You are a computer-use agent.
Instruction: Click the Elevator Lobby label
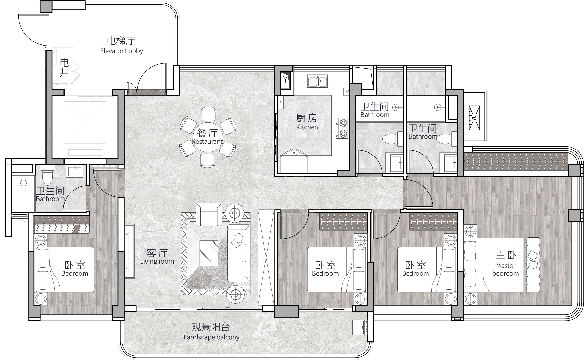point(121,51)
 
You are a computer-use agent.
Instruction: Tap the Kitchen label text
point(307,127)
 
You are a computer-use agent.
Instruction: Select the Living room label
point(157,262)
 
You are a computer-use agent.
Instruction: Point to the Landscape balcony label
point(211,337)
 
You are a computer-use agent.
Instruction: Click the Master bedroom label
point(506,269)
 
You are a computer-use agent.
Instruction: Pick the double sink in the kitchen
point(318,81)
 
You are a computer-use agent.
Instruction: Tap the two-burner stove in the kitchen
point(342,128)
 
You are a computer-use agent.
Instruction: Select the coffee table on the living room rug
point(209,253)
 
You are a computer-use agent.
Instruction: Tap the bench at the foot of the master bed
point(533,265)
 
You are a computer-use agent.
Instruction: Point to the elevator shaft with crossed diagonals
point(85,122)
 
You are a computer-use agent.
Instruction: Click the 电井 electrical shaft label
point(64,68)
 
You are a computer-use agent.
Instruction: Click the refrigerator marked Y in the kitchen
point(285,80)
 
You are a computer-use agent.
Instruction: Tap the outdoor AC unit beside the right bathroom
point(474,118)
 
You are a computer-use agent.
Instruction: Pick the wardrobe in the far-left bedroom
point(62,224)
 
